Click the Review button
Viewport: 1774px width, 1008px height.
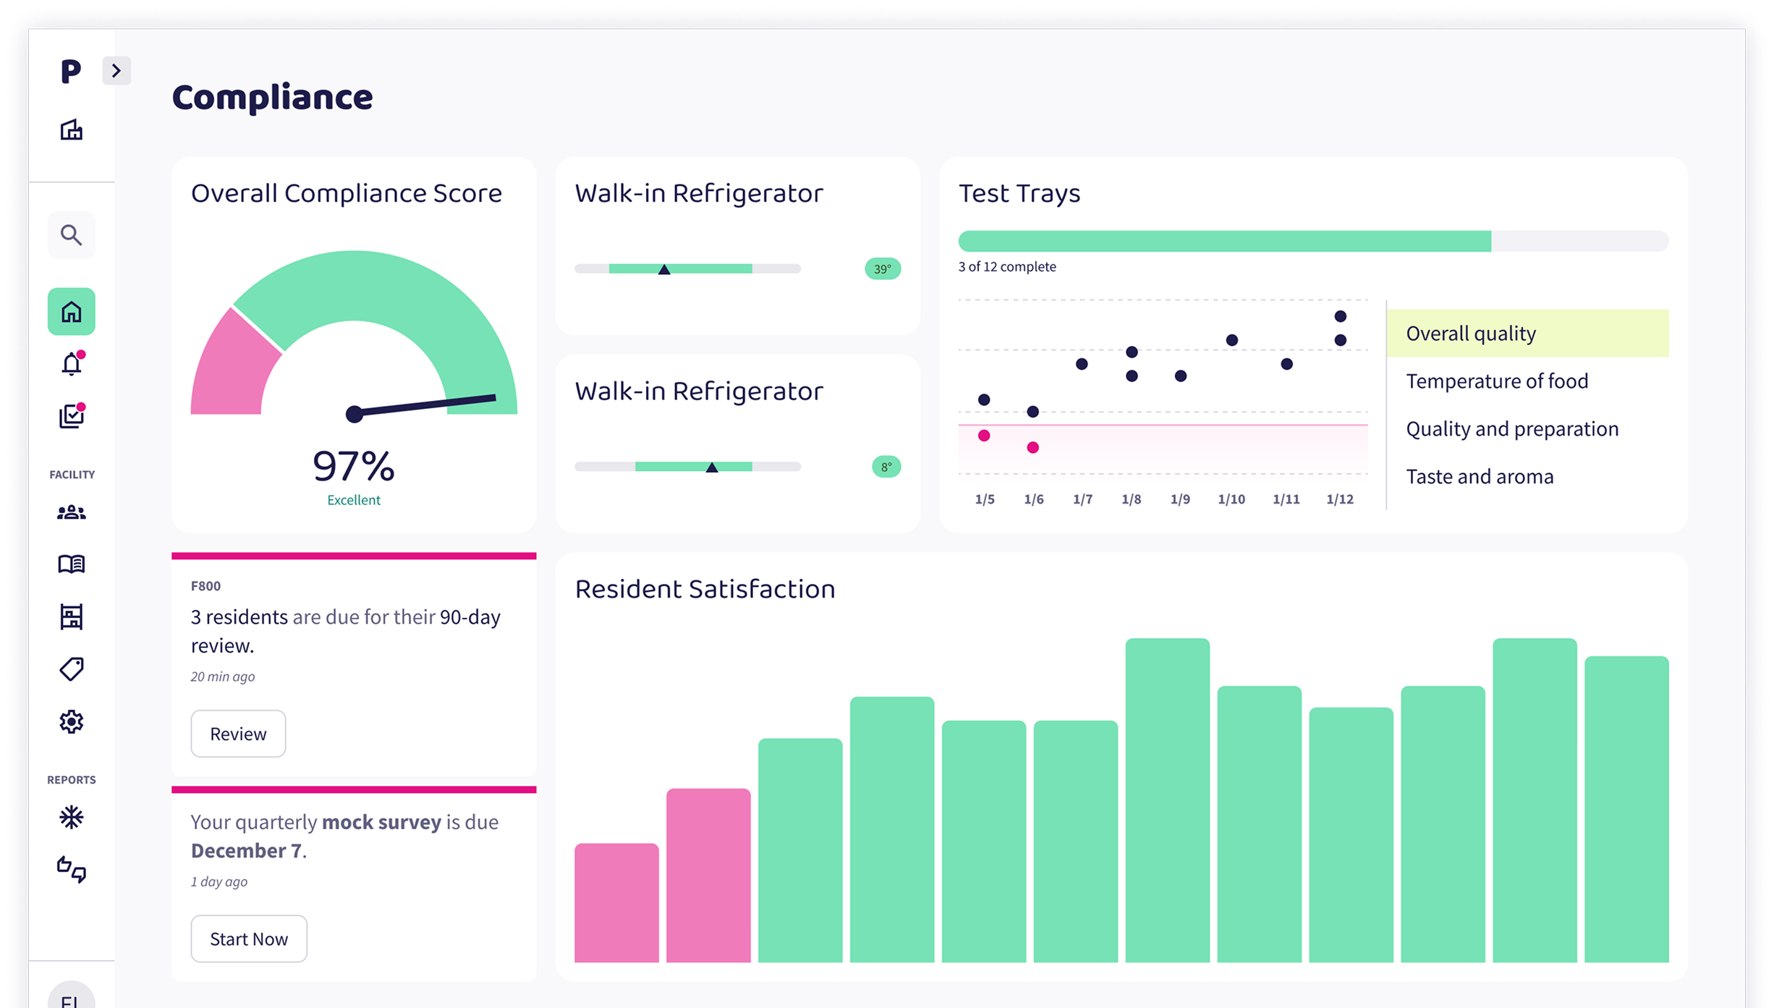point(238,734)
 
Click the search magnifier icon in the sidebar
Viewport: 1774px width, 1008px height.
point(71,235)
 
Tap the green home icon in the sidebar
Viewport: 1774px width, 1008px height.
point(71,312)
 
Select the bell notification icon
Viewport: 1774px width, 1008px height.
point(71,364)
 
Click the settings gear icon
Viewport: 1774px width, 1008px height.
point(71,721)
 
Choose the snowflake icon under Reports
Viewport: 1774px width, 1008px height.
point(71,818)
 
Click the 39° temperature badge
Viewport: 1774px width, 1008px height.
point(883,269)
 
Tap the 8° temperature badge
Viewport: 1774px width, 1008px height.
point(886,467)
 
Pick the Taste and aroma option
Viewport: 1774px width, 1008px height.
point(1480,477)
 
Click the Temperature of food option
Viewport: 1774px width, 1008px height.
point(1497,381)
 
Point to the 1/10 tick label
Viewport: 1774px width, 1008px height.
point(1231,499)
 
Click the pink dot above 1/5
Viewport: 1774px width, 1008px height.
point(984,436)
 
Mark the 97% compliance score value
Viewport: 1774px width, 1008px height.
point(354,466)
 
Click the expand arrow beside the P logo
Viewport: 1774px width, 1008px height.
point(116,71)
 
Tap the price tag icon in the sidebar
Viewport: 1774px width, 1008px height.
point(71,669)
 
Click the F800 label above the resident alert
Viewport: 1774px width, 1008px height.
point(205,586)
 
